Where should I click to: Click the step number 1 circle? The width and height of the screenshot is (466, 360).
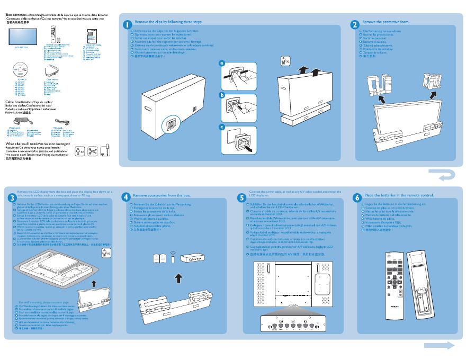tap(128, 25)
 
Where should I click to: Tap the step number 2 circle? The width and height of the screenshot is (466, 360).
tap(355, 25)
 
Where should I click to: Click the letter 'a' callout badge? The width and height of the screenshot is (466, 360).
tap(222, 64)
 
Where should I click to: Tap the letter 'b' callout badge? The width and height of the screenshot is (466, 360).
tap(222, 95)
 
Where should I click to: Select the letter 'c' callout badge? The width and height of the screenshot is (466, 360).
tap(222, 127)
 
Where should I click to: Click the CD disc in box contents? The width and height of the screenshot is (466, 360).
tap(21, 71)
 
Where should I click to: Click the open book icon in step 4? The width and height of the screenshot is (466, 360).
tap(159, 259)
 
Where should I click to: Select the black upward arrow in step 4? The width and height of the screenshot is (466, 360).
tap(178, 278)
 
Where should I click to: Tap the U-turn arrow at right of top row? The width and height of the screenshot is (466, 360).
tap(441, 175)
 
